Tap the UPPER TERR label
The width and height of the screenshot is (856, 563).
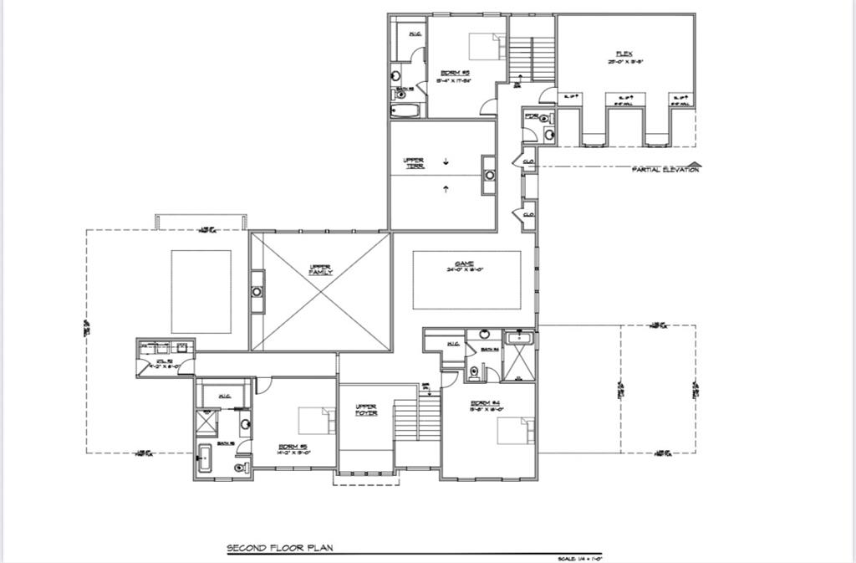coord(413,163)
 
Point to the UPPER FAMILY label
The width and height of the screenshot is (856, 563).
coord(321,269)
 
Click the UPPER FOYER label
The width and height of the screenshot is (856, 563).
coord(366,410)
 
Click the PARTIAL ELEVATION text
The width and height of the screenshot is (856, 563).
coord(665,169)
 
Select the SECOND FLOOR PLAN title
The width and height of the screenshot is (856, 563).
coord(280,549)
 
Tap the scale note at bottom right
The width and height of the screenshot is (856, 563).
coord(580,557)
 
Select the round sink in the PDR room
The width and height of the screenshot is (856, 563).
coord(549,133)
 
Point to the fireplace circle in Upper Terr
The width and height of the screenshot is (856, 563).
coord(489,176)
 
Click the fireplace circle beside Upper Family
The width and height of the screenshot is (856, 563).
coord(257,292)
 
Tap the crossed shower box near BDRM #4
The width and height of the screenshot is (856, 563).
coord(519,364)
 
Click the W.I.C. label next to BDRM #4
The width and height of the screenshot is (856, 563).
coord(454,343)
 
